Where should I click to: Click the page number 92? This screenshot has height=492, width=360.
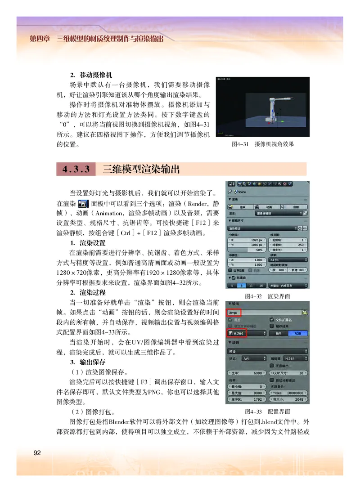(x=37, y=452)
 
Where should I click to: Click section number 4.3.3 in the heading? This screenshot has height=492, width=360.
(x=76, y=169)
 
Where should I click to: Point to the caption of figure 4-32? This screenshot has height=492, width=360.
(x=267, y=296)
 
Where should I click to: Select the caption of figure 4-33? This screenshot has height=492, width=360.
(x=267, y=411)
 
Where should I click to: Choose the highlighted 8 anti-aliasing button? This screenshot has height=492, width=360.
(x=242, y=286)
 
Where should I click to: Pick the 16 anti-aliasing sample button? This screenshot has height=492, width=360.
(x=262, y=286)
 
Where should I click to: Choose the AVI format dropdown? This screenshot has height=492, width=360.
(x=253, y=359)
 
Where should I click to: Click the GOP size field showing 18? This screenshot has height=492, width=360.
(x=289, y=373)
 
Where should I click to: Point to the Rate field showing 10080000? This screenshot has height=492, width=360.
(x=289, y=393)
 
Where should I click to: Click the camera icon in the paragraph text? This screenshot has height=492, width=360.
(x=83, y=203)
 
